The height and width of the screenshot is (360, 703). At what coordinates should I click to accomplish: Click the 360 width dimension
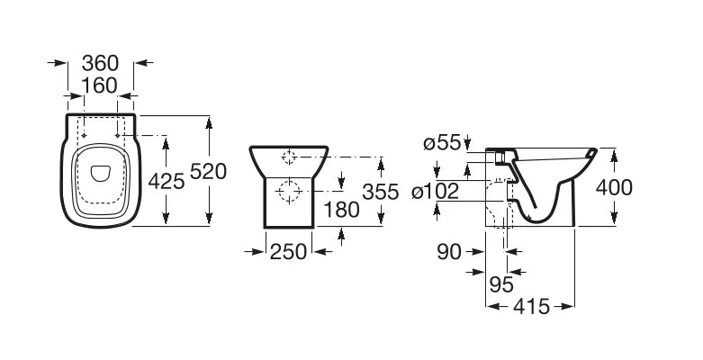100,63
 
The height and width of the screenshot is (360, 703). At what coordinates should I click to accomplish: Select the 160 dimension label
100,85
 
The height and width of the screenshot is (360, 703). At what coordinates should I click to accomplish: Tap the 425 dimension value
167,182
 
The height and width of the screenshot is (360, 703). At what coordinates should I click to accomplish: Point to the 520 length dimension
209,171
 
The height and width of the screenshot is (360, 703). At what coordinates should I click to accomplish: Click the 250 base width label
288,251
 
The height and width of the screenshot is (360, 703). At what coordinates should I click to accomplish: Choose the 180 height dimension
341,210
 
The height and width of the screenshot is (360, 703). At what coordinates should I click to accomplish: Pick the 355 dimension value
381,192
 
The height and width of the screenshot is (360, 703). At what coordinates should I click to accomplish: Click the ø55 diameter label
442,143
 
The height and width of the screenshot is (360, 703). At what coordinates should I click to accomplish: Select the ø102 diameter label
436,192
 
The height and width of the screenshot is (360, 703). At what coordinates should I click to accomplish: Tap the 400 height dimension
614,187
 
